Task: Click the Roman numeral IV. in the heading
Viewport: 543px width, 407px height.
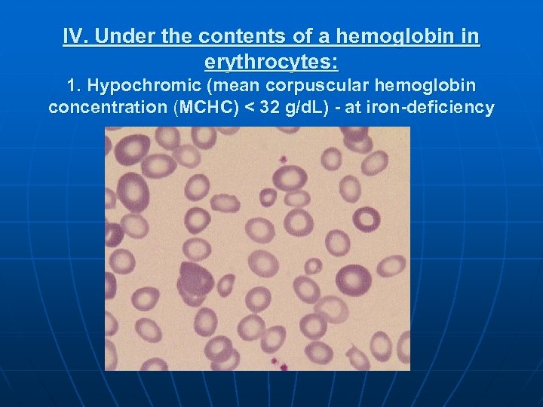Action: point(77,36)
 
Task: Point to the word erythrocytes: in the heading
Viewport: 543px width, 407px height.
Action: point(271,60)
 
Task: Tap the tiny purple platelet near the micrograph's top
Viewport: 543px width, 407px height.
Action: point(284,160)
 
